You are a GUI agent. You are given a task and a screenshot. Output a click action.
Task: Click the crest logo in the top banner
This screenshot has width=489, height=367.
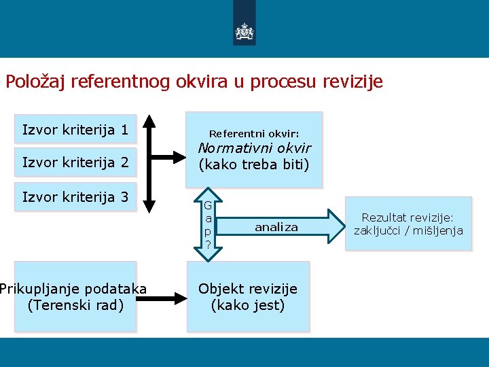[244, 31]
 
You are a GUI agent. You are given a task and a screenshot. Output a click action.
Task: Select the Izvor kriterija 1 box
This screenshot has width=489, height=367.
[75, 129]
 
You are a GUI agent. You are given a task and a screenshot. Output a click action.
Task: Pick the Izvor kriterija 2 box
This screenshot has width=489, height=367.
[75, 162]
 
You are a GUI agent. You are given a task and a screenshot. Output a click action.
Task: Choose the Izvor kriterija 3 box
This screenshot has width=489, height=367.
[75, 197]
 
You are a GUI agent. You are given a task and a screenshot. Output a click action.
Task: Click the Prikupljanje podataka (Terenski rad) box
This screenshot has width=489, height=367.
[75, 297]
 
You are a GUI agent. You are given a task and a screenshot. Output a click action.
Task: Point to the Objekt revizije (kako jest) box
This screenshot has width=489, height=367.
[248, 297]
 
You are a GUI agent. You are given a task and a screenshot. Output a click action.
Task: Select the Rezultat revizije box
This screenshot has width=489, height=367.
[408, 224]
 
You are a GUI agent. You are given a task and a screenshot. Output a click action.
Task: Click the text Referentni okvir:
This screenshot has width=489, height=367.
[254, 134]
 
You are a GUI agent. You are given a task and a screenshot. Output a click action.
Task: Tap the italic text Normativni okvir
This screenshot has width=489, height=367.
[254, 148]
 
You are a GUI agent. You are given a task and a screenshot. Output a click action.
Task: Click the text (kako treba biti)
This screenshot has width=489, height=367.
[254, 164]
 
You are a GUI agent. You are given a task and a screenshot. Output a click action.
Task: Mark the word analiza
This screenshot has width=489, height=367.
[276, 228]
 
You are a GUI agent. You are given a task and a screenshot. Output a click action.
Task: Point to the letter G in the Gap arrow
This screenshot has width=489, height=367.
[209, 206]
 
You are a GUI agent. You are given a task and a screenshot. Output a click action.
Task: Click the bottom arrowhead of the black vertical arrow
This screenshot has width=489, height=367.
[151, 205]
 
